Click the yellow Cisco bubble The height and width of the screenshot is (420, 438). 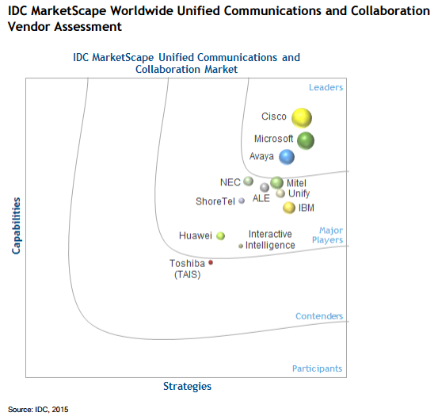(x=301, y=118)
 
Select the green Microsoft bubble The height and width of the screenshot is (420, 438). (x=306, y=140)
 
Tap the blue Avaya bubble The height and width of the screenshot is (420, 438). (x=287, y=157)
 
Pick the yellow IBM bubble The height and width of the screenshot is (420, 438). (x=289, y=208)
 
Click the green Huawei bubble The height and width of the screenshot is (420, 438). (x=221, y=235)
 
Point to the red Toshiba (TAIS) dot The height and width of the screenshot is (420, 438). (x=211, y=262)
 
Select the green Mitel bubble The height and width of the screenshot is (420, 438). (x=276, y=183)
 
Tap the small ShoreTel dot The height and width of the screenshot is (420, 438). (x=242, y=201)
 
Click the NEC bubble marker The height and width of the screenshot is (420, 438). (x=249, y=181)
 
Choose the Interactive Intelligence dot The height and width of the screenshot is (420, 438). (x=241, y=246)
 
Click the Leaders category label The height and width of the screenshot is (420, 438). (x=325, y=87)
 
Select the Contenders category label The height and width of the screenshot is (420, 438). (x=319, y=316)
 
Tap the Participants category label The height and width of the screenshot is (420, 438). (x=317, y=368)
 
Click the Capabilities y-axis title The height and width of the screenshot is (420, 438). (x=17, y=226)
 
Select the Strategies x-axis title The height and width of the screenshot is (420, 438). (x=187, y=386)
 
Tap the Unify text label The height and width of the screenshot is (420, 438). (x=299, y=193)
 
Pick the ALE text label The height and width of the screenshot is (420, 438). (x=261, y=199)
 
